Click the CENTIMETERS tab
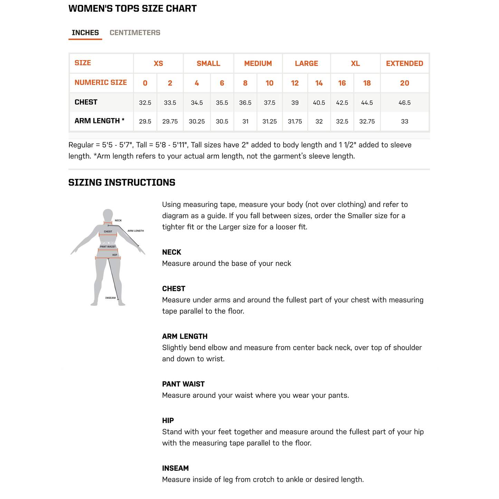pos(135,33)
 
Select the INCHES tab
pos(85,33)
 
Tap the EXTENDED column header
pos(404,64)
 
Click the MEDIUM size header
pos(258,64)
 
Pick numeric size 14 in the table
pos(319,83)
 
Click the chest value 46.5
pos(404,103)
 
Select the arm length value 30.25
pos(197,122)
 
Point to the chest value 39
pos(295,103)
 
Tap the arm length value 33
pos(404,122)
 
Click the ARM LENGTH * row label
pos(99,121)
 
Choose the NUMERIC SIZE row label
pos(101,83)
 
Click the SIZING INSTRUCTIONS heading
pos(122,183)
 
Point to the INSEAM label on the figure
pos(111,298)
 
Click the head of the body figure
pos(108,214)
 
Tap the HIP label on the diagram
pos(115,255)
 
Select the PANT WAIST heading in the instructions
pos(183,384)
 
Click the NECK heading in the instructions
pos(172,252)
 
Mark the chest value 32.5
pos(145,103)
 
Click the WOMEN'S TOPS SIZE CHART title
pos(133,9)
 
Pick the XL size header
pos(355,64)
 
